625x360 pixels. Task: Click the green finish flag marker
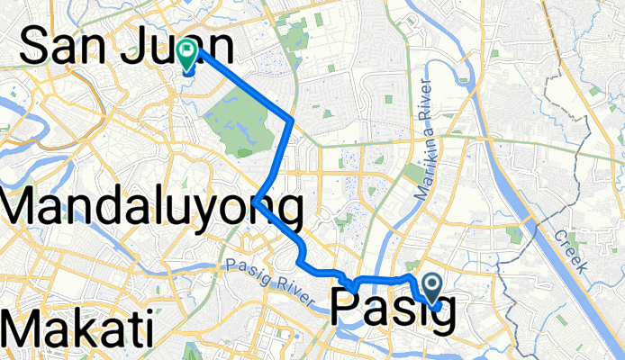coord(188,54)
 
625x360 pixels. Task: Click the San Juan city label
coord(126,47)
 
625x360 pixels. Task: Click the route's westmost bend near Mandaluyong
coord(257,200)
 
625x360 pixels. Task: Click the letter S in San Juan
coord(36,47)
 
